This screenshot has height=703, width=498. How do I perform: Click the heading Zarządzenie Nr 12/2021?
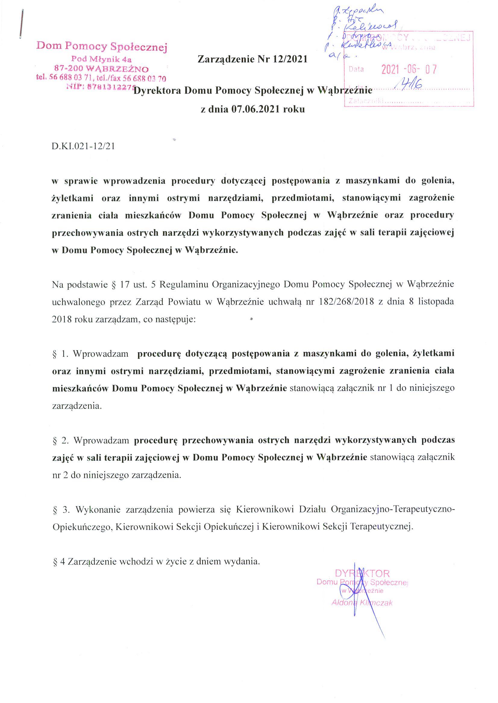252,59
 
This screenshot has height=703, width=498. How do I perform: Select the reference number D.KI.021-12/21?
83,146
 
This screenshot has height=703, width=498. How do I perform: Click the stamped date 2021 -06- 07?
409,70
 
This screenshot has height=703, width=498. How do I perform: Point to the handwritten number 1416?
409,83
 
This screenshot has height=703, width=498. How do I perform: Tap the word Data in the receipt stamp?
356,69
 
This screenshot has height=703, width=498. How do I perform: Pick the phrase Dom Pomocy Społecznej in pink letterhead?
102,47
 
